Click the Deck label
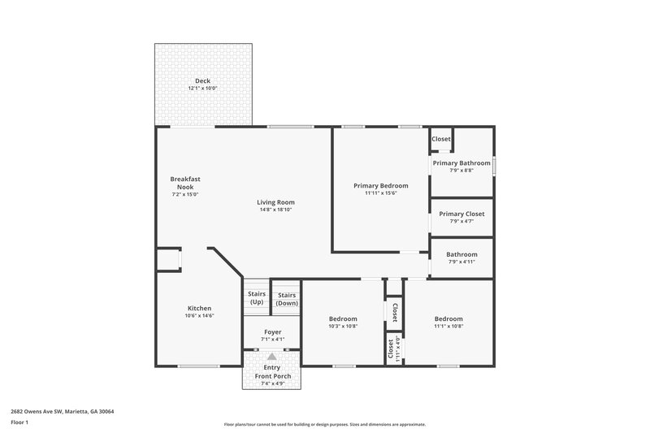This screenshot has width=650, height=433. [x=202, y=80]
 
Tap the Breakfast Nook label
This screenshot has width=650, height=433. [x=185, y=183]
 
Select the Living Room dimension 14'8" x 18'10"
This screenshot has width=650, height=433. [x=276, y=210]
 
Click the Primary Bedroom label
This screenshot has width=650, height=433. [x=380, y=185]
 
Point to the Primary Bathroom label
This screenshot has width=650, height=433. [x=461, y=163]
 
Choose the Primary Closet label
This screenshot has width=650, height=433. [x=461, y=214]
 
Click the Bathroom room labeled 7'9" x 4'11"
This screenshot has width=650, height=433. [x=461, y=258]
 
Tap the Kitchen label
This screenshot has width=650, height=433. [x=200, y=309]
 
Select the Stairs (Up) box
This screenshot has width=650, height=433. [x=257, y=298]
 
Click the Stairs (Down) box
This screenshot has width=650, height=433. [x=287, y=299]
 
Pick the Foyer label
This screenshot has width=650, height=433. [x=273, y=332]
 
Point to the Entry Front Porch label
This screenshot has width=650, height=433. [x=272, y=371]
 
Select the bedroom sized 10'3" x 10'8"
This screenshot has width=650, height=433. [x=343, y=323]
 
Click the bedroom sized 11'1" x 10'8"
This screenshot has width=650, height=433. [x=448, y=323]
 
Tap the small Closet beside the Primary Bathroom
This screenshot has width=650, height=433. [x=441, y=139]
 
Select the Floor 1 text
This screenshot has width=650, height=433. [x=19, y=423]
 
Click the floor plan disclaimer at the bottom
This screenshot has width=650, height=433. [x=324, y=424]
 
